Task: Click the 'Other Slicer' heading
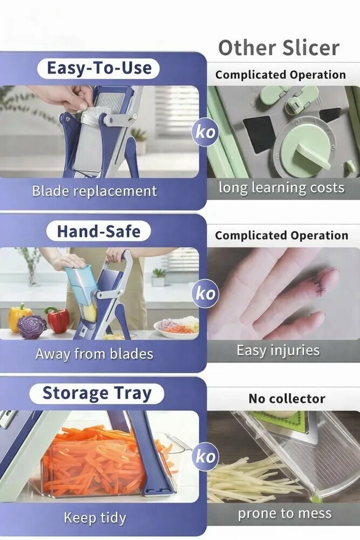(279, 48)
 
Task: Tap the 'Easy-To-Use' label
(99, 68)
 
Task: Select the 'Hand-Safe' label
(99, 231)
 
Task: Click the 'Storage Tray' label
(97, 393)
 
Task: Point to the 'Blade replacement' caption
(94, 191)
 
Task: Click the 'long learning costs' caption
(282, 188)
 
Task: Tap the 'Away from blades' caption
(94, 354)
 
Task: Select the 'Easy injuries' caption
(278, 350)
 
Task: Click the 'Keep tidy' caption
(95, 518)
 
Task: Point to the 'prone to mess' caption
(284, 514)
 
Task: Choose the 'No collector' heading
(287, 399)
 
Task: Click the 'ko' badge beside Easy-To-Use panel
(206, 132)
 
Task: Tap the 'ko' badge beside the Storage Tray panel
(206, 456)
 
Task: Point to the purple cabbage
(32, 327)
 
